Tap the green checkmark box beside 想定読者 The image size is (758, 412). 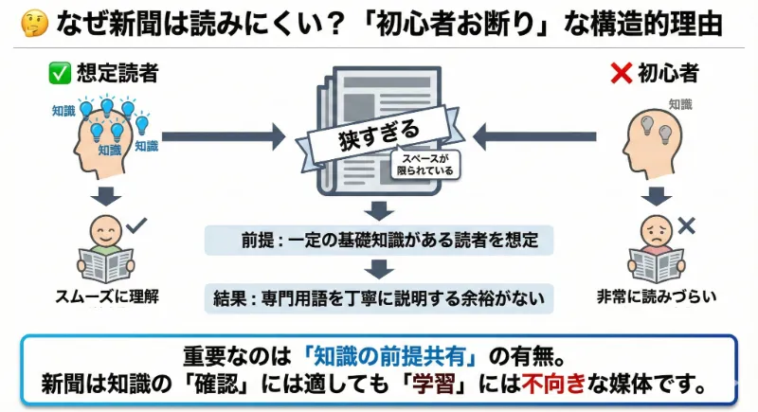[59, 73]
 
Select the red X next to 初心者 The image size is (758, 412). [622, 73]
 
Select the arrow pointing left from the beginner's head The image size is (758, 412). [527, 136]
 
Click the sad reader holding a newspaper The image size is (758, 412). [656, 251]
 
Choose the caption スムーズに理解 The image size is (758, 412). [105, 296]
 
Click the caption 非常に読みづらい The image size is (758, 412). [656, 296]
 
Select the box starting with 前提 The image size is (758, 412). [378, 240]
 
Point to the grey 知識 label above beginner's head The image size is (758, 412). [679, 104]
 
